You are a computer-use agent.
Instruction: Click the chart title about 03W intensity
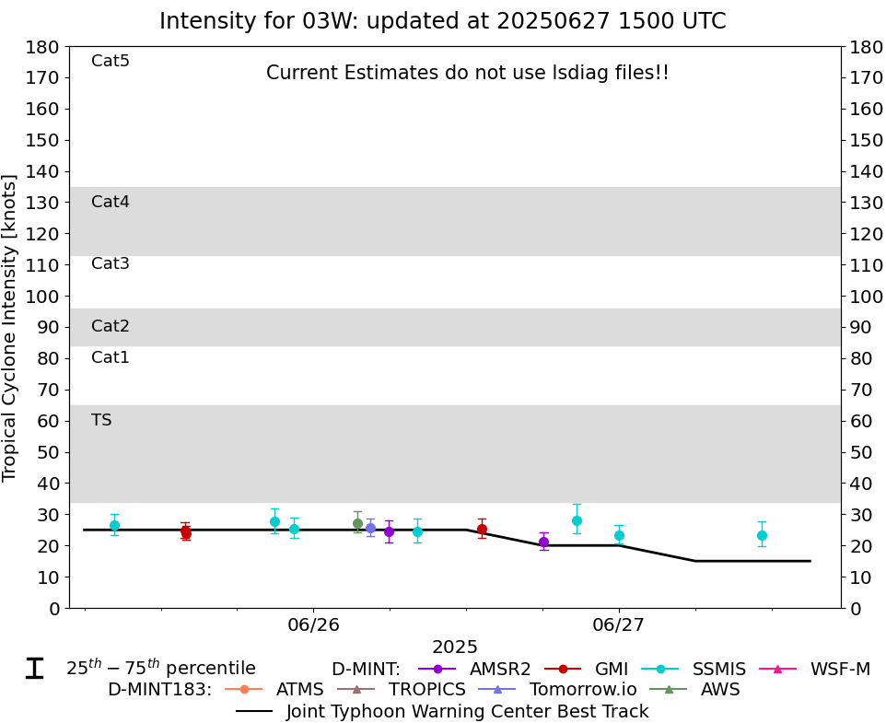tap(442, 21)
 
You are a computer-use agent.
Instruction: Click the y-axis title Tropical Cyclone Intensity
tap(10, 327)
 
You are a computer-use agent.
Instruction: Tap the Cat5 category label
tap(111, 61)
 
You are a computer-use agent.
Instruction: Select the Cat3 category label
tap(111, 263)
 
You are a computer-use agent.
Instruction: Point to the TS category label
tap(101, 420)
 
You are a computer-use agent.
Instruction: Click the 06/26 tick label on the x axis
tap(313, 625)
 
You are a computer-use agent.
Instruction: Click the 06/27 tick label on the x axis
tap(618, 625)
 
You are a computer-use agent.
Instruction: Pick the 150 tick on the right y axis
tap(866, 140)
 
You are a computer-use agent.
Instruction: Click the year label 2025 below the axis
tap(455, 647)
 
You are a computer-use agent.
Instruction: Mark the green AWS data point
tap(357, 523)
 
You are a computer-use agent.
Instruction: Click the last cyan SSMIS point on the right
tap(762, 535)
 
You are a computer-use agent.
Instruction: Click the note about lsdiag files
tap(468, 73)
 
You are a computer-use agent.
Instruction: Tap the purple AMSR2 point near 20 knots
tap(543, 542)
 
